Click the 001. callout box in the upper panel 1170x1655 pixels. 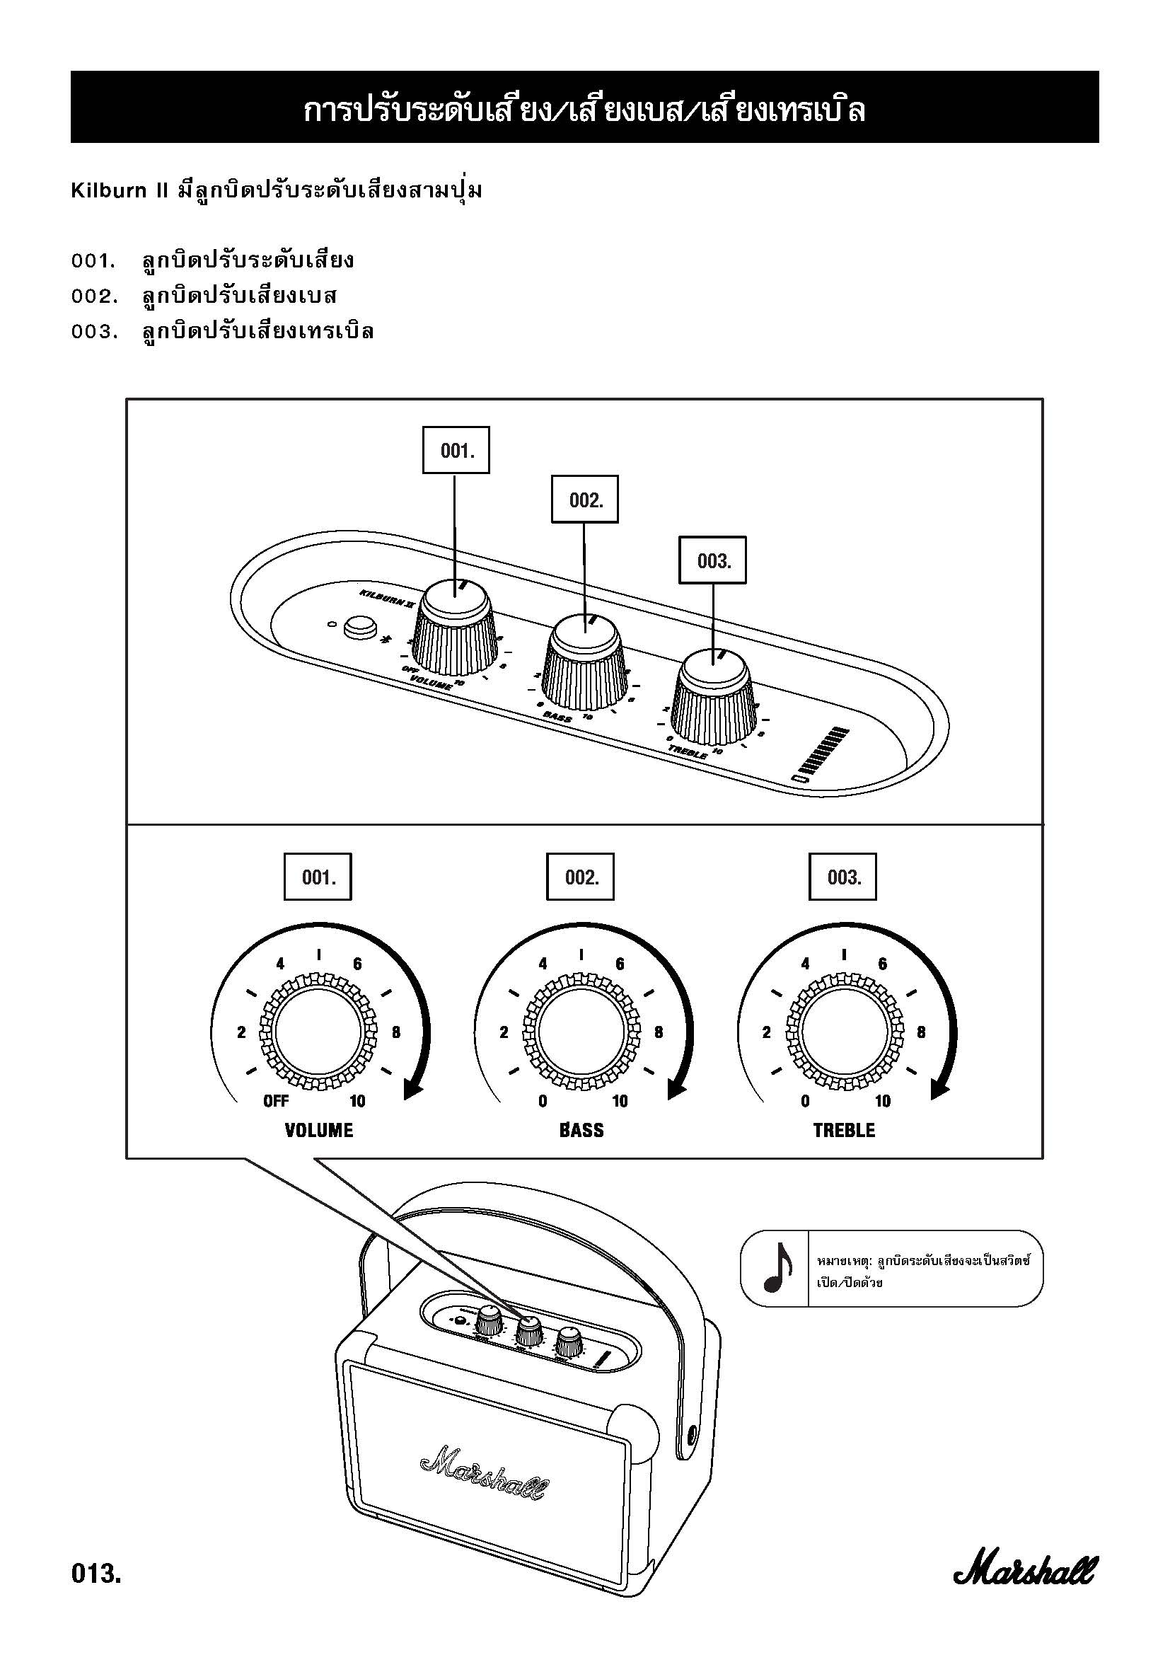click(x=456, y=451)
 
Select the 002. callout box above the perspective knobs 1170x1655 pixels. click(x=585, y=500)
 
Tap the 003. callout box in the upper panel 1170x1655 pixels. click(x=713, y=560)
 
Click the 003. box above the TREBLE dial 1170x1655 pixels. click(x=843, y=877)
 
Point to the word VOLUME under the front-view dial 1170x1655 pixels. click(x=319, y=1130)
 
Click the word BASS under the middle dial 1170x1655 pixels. click(x=581, y=1130)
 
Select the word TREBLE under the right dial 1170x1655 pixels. click(x=844, y=1130)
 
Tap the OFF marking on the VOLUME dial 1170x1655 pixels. click(x=276, y=1101)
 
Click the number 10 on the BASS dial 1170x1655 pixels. click(x=620, y=1101)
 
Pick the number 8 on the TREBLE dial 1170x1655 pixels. click(x=921, y=1032)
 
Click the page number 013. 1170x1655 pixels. click(x=95, y=1574)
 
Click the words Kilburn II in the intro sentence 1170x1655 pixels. click(x=119, y=191)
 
